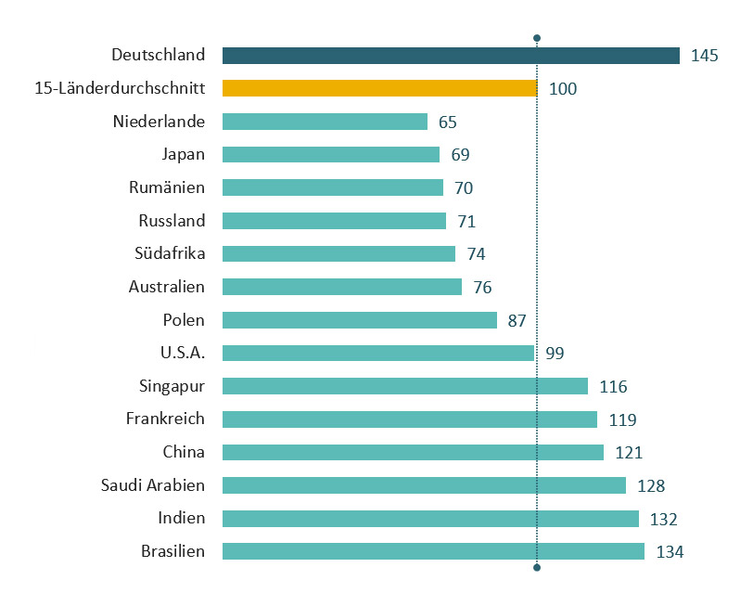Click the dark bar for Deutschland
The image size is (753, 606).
451,56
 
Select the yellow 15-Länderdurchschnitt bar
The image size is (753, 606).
379,88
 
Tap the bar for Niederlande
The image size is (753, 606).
325,122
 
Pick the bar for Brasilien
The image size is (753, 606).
433,551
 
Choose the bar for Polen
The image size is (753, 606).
360,320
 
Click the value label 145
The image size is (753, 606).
705,56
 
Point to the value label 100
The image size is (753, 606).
563,89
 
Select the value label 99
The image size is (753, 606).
555,354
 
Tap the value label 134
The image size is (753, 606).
670,552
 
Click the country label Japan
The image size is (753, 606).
184,155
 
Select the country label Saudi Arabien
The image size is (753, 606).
153,485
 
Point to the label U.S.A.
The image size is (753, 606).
183,353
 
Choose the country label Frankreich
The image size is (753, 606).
165,419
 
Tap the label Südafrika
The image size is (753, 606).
170,253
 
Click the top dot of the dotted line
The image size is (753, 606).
537,38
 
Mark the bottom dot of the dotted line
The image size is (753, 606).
537,568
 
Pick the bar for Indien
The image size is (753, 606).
430,518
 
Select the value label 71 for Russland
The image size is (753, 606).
466,221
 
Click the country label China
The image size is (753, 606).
184,452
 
